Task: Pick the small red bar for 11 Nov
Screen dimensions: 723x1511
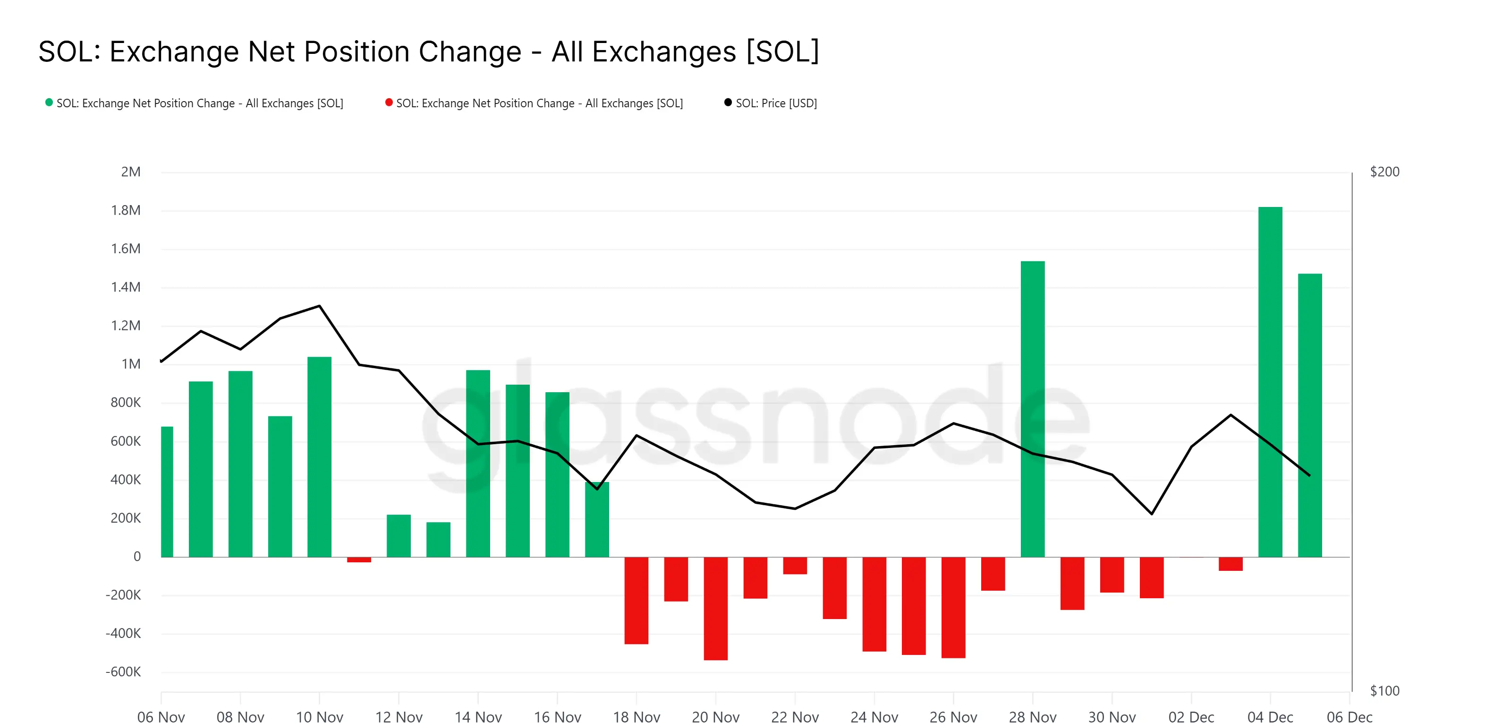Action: (x=359, y=560)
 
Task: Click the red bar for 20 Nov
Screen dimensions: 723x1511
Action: (x=716, y=608)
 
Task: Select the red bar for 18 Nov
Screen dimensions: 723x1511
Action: (x=637, y=600)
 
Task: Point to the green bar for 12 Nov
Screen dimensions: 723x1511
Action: (x=399, y=536)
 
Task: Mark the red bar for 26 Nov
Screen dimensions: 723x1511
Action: (x=953, y=607)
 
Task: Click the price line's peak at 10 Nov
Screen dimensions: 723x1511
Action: (x=319, y=306)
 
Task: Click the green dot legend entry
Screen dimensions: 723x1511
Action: (x=194, y=103)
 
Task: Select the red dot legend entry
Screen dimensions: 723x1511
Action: (x=534, y=103)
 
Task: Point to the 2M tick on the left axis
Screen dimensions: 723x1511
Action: (x=131, y=172)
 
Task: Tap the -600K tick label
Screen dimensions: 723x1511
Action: (x=123, y=672)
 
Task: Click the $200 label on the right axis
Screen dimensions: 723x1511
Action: (x=1384, y=172)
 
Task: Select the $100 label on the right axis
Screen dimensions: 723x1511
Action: (x=1384, y=691)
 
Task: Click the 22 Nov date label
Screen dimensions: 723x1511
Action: (x=795, y=716)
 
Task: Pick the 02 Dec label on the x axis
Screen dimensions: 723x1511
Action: (x=1191, y=716)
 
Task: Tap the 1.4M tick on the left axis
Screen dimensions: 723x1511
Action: (x=126, y=287)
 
